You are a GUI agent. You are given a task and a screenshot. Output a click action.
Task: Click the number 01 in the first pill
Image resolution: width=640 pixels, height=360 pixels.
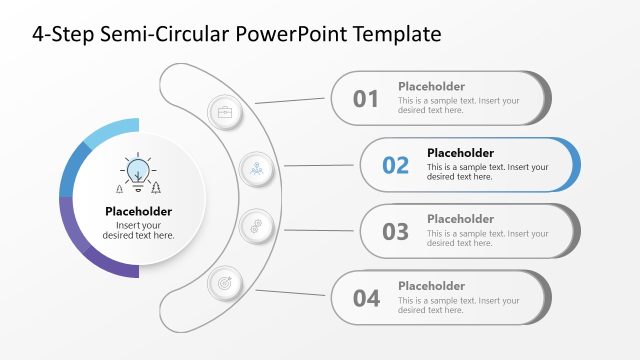366,98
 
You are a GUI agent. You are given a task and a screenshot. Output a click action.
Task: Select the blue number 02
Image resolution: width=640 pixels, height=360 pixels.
395,165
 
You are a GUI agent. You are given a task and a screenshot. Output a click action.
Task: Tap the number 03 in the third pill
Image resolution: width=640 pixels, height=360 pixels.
395,231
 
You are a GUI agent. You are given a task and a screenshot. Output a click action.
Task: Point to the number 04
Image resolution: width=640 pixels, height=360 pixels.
366,297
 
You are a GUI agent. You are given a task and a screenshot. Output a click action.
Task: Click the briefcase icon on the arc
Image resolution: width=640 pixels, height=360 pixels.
224,111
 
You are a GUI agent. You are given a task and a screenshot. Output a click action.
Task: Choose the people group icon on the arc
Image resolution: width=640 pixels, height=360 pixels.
256,167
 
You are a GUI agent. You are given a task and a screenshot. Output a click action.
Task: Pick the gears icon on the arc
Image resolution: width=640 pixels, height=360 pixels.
256,226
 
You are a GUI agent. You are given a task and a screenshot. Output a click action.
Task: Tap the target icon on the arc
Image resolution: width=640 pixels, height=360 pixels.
224,283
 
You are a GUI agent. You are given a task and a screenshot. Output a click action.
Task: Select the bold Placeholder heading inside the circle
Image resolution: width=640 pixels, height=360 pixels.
138,211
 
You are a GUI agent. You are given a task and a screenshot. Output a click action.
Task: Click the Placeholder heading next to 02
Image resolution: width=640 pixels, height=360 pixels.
460,153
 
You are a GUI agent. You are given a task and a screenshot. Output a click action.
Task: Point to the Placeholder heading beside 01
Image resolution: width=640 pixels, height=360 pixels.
431,86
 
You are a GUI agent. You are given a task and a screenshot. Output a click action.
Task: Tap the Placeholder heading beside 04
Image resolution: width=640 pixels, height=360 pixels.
431,286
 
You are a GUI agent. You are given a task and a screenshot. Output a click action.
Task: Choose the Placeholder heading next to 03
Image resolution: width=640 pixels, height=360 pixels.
460,219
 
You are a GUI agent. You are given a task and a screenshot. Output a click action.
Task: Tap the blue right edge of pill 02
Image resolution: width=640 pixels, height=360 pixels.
574,165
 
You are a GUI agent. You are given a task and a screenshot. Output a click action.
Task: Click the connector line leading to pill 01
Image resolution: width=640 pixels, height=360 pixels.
292,100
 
